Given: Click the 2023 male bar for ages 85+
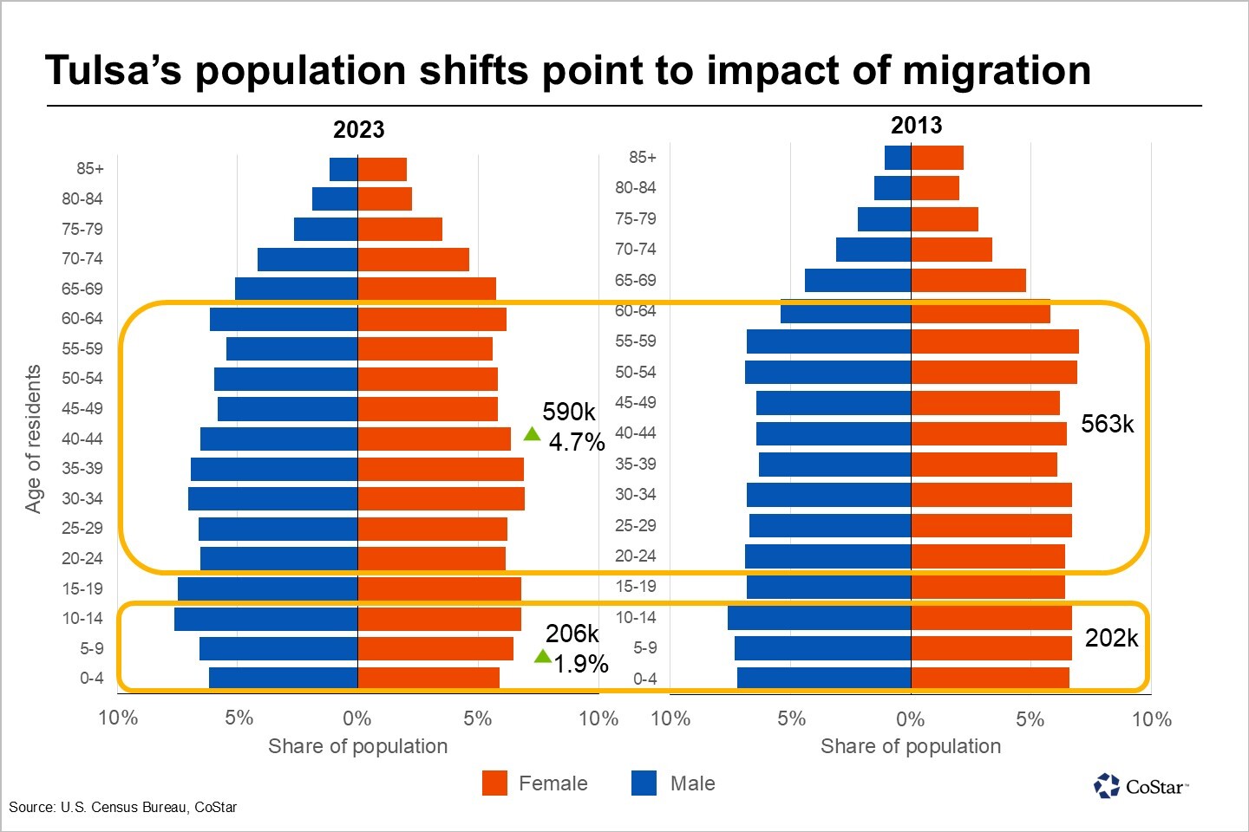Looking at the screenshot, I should coord(344,169).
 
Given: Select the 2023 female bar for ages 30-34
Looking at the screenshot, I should coord(441,498).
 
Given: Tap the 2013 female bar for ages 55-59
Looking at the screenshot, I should coord(994,341).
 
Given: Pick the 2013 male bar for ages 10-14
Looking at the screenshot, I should coord(819,618).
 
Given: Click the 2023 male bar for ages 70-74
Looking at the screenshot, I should coord(308,259).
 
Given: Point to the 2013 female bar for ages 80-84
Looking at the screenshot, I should coord(935,188).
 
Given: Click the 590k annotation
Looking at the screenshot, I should coord(569,412).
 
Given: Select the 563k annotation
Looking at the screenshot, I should coord(1107,424).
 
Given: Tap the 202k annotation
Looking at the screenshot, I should coord(1111,638).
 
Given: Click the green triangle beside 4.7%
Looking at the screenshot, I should coord(532,434).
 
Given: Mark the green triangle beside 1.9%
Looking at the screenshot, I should coord(543,656).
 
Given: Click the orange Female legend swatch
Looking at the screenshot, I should coord(494,783).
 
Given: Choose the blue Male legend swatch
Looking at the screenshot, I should coord(644,783).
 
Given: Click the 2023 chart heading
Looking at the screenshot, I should coord(358,130).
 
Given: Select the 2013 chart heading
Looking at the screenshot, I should coord(916,126).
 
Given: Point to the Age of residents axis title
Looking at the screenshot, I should coord(33,439).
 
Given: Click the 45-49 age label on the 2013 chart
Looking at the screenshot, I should coord(636,403).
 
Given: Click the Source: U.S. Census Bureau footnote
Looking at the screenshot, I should coord(122,807).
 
